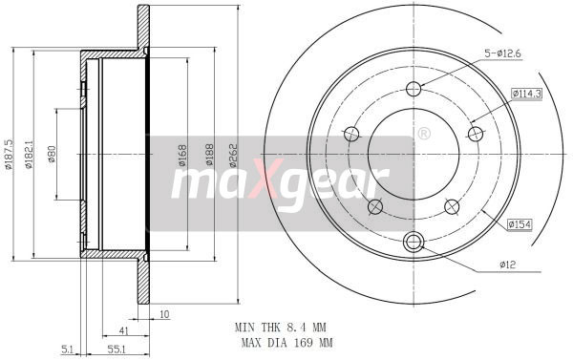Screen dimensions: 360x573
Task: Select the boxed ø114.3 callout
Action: [527, 93]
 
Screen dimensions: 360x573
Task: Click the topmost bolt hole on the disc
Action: [414, 90]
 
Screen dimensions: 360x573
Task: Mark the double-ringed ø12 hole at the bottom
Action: [414, 241]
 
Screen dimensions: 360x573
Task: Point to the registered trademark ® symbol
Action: [423, 134]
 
